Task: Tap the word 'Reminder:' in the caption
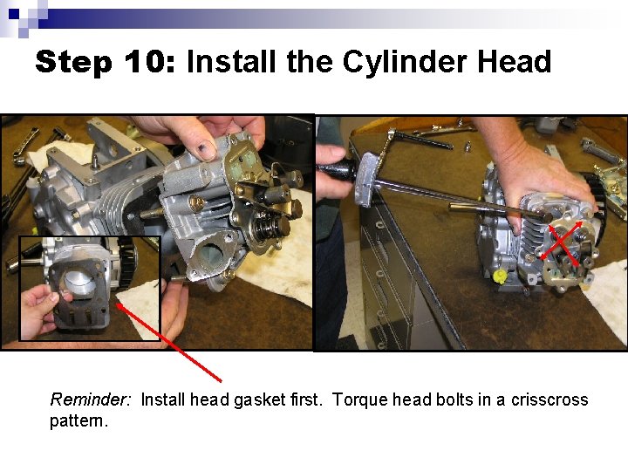click(x=91, y=400)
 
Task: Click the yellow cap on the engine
click(x=500, y=276)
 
